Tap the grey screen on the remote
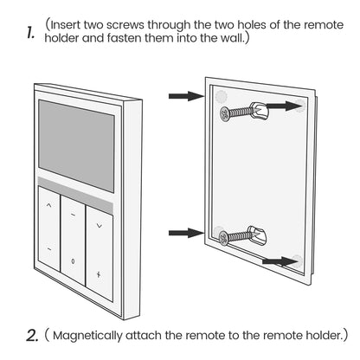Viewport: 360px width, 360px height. click(76, 145)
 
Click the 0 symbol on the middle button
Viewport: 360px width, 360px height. click(74, 260)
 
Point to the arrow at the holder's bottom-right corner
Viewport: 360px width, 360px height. click(278, 259)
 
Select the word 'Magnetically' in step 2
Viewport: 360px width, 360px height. click(103, 334)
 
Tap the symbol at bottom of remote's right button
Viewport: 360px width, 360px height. click(99, 273)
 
